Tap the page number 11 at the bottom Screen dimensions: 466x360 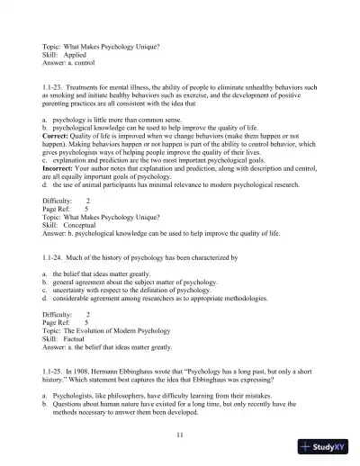[x=181, y=435]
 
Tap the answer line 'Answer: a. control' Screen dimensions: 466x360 [x=72, y=65]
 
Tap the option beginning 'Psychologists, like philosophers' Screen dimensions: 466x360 [x=171, y=395]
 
